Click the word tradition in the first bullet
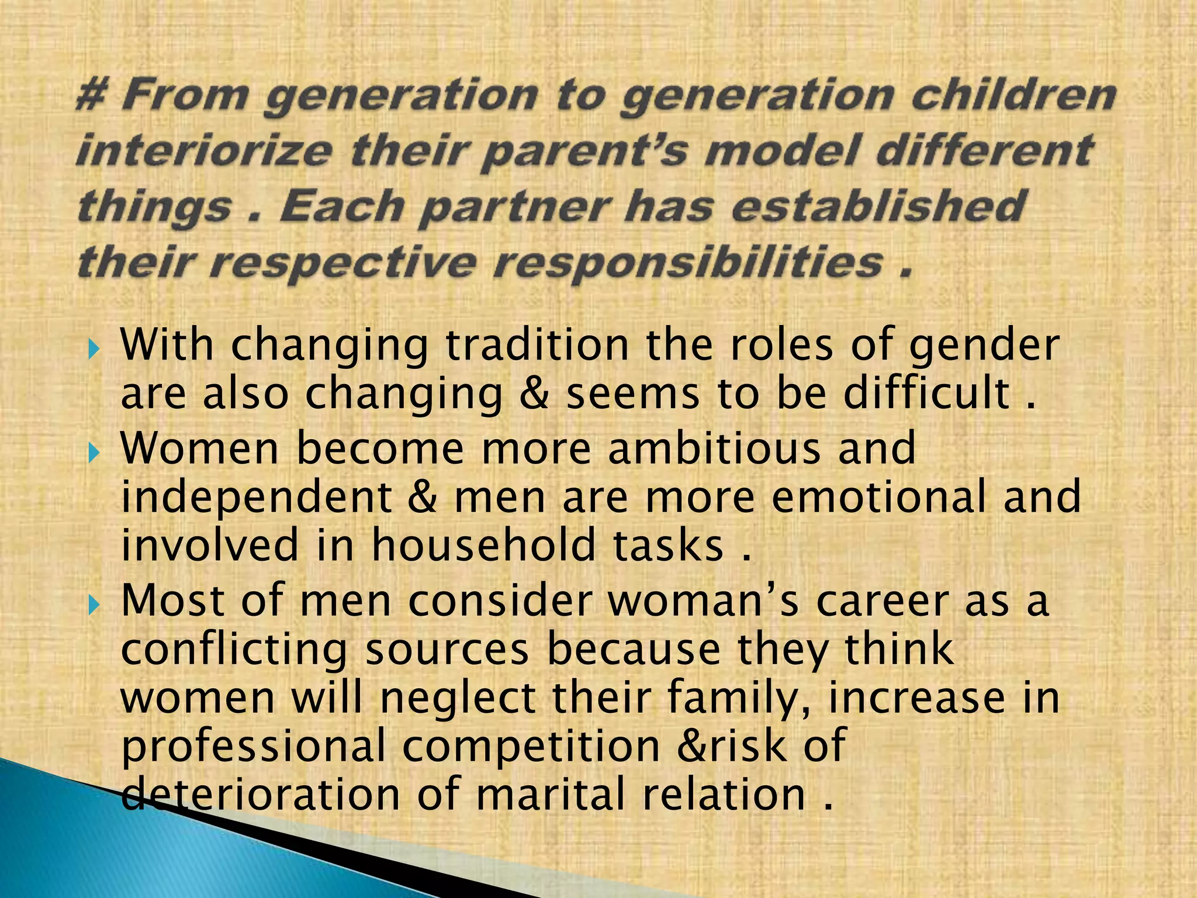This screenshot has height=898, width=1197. (x=537, y=345)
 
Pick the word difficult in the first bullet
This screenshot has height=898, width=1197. (x=926, y=393)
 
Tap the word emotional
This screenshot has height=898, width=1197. (x=879, y=496)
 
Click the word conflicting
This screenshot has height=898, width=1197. (x=234, y=651)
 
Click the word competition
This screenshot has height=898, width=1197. (x=531, y=746)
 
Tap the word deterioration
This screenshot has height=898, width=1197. (x=261, y=794)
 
